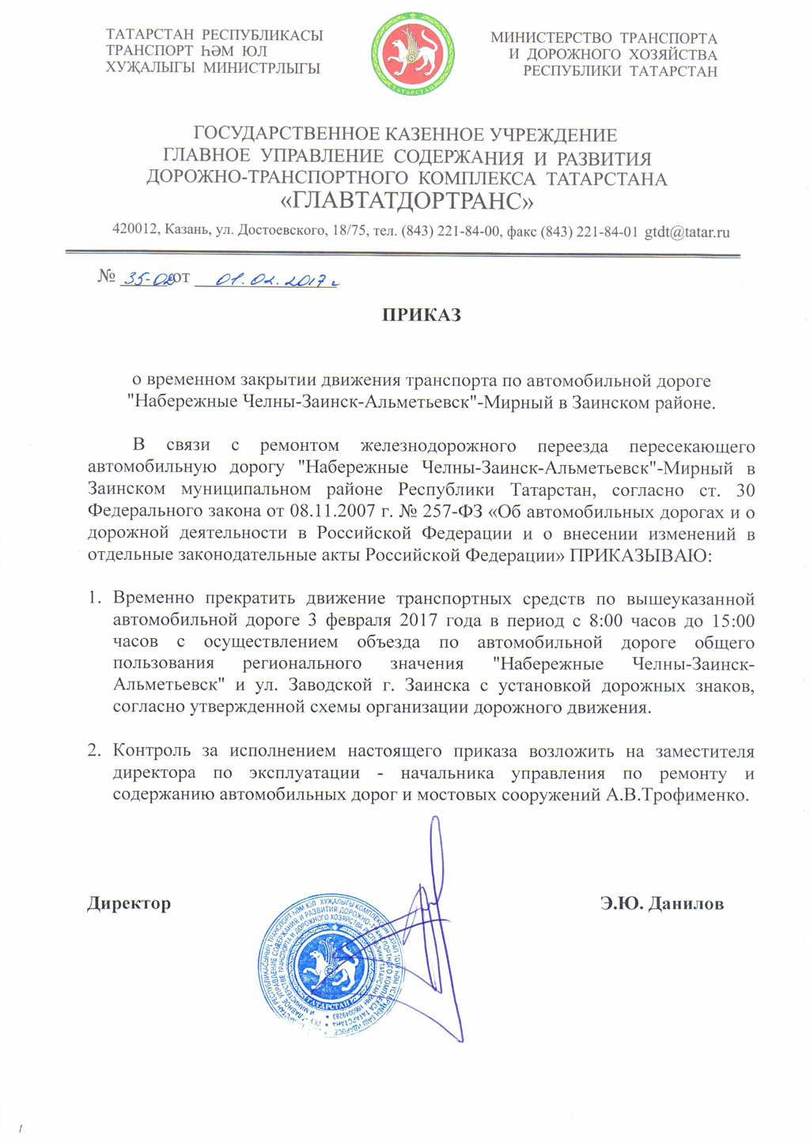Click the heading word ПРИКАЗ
(x=422, y=315)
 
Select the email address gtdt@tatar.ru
(x=687, y=232)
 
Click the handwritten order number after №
(x=146, y=278)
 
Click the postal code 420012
(x=135, y=231)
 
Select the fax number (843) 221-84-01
(x=589, y=232)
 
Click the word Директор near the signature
(x=129, y=903)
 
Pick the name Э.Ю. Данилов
(x=661, y=903)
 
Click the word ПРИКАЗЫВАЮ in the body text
(x=641, y=555)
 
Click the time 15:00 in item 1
(x=732, y=620)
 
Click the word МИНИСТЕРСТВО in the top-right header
(x=551, y=38)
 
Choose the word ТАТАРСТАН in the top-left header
(x=150, y=35)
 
